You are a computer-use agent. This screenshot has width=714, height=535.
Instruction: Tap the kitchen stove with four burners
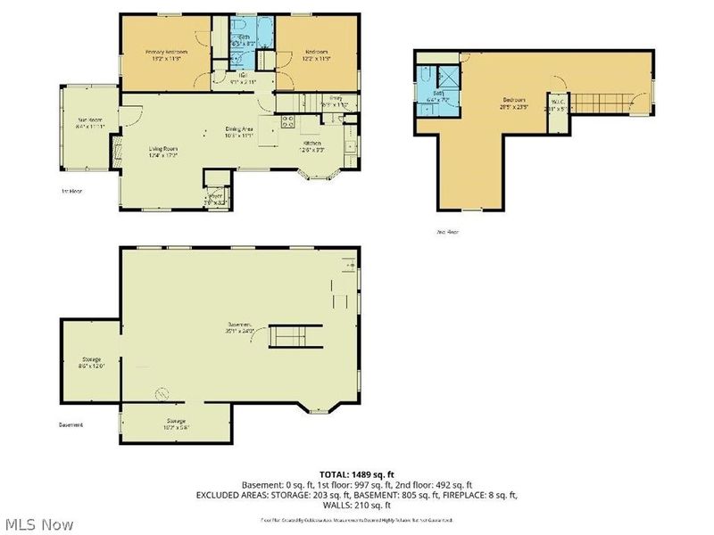287,123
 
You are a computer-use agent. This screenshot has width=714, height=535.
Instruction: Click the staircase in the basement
289,336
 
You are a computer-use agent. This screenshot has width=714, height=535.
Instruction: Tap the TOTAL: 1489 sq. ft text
357,474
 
